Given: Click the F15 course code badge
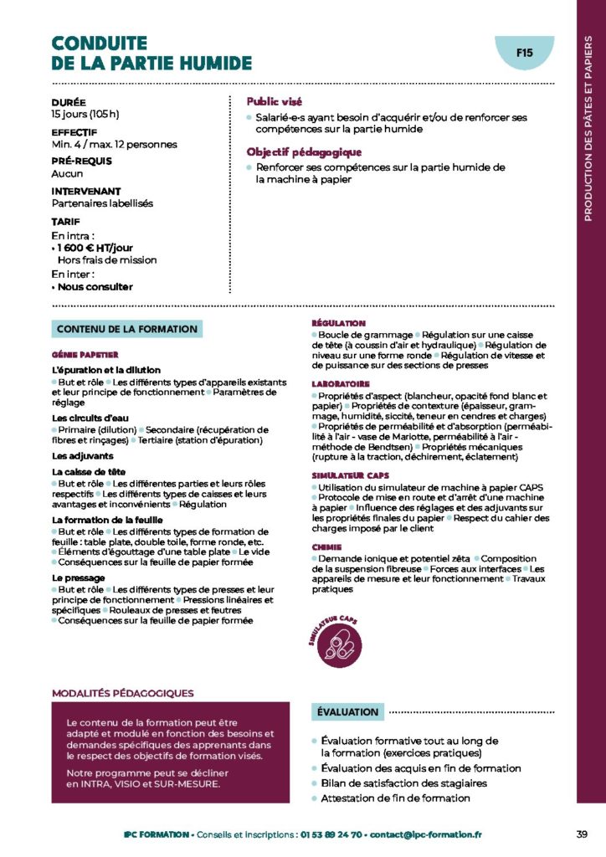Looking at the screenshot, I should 525,53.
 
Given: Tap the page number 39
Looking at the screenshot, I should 582,834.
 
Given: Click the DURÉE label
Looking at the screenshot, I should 68,102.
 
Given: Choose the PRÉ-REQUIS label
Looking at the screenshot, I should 81,162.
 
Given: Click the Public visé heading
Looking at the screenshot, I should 275,101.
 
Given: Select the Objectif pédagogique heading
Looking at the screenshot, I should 303,152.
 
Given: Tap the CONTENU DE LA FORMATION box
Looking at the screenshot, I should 127,329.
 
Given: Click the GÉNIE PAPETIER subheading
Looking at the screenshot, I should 85,354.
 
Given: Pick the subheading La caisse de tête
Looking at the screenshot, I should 89,472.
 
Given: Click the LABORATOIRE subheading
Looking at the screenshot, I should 340,384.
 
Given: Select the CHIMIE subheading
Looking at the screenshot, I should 326,547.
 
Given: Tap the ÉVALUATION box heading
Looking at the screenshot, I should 347,712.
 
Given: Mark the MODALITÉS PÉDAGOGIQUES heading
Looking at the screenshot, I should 122,693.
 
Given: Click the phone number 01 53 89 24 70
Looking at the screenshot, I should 334,834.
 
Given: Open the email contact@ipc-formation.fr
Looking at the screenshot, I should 426,834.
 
